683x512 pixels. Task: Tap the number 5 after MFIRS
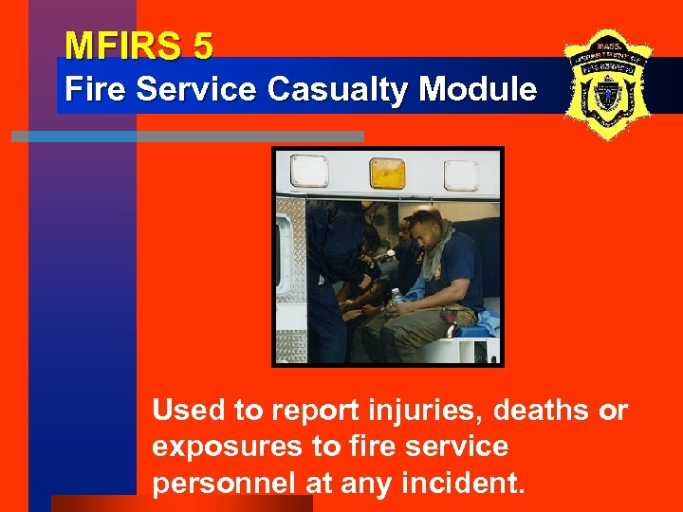(x=201, y=44)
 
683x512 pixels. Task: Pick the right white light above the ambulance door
(x=461, y=174)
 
